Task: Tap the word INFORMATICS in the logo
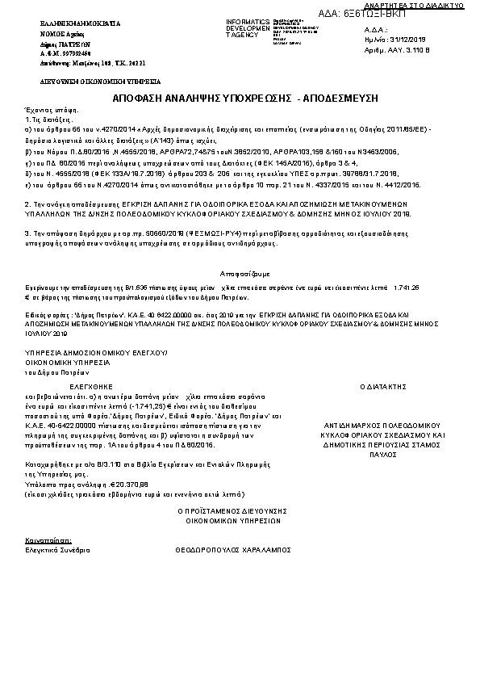tap(246, 21)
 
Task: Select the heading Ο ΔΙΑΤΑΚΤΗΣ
tap(382, 388)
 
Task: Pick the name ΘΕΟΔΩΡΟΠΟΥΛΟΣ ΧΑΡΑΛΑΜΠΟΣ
tap(232, 547)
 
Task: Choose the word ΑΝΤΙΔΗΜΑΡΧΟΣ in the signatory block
tap(360, 423)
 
